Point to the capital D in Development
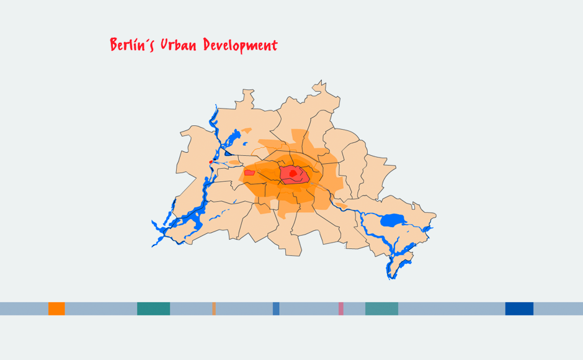[x=208, y=45]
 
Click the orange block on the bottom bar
[x=56, y=308]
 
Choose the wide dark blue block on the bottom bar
[x=519, y=308]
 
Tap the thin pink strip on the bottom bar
[x=341, y=308]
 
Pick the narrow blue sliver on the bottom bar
[x=276, y=308]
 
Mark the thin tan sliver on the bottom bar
[x=214, y=308]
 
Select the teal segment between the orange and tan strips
[x=153, y=308]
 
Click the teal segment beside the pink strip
[x=381, y=308]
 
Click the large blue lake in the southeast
[x=393, y=220]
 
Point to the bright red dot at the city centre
[x=293, y=173]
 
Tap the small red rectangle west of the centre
[x=249, y=173]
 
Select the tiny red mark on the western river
[x=211, y=162]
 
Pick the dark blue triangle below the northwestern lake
[x=228, y=153]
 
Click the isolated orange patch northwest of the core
[x=247, y=131]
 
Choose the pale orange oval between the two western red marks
[x=234, y=163]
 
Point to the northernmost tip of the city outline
[x=321, y=80]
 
